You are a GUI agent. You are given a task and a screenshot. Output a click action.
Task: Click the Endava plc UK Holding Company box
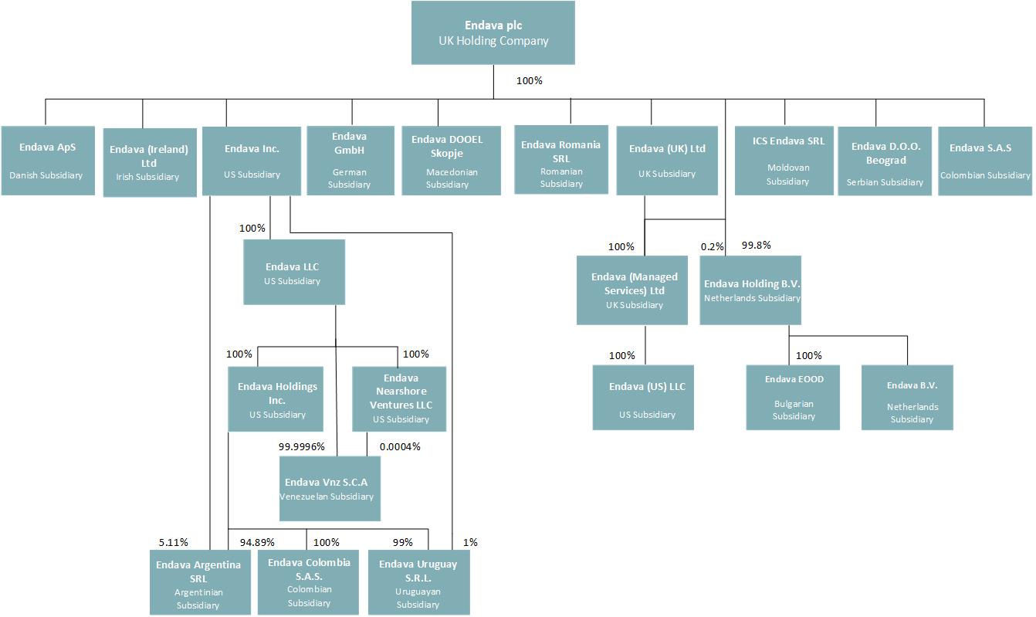[x=493, y=32]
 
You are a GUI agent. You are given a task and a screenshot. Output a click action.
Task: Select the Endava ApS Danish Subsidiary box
[x=48, y=161]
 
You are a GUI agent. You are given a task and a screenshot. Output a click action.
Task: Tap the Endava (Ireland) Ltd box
[x=149, y=162]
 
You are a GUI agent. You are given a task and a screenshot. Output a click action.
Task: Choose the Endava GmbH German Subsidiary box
[x=350, y=161]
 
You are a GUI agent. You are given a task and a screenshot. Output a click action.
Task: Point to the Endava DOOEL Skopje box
[x=451, y=161]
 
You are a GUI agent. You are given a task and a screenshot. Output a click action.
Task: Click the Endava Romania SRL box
[x=560, y=159]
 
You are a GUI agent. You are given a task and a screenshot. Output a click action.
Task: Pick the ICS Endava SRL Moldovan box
[x=788, y=161]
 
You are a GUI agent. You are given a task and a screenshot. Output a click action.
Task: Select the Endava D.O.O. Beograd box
[x=884, y=161]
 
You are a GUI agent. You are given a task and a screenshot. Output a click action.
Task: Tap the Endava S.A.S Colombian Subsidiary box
[x=984, y=161]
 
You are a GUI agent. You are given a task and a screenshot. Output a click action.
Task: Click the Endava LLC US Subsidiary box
[x=293, y=272]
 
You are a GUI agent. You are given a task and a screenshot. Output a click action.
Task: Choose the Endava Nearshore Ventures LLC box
[x=399, y=398]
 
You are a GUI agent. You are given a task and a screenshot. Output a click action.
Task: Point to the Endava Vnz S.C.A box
[x=330, y=488]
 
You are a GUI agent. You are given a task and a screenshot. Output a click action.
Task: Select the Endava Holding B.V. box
[x=750, y=290]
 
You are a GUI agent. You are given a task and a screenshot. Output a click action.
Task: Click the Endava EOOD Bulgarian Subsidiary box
[x=793, y=397]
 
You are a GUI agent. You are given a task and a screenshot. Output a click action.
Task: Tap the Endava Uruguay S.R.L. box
[x=418, y=582]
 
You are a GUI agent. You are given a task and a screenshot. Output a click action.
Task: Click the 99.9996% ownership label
[x=302, y=446]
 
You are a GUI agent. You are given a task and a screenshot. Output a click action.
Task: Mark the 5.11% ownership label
[x=173, y=542]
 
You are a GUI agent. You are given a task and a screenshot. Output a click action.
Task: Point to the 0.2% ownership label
[x=712, y=246]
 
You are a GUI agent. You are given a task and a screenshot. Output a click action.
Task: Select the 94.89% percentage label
[x=257, y=542]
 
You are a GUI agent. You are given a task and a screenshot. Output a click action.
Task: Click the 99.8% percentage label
[x=756, y=246]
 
